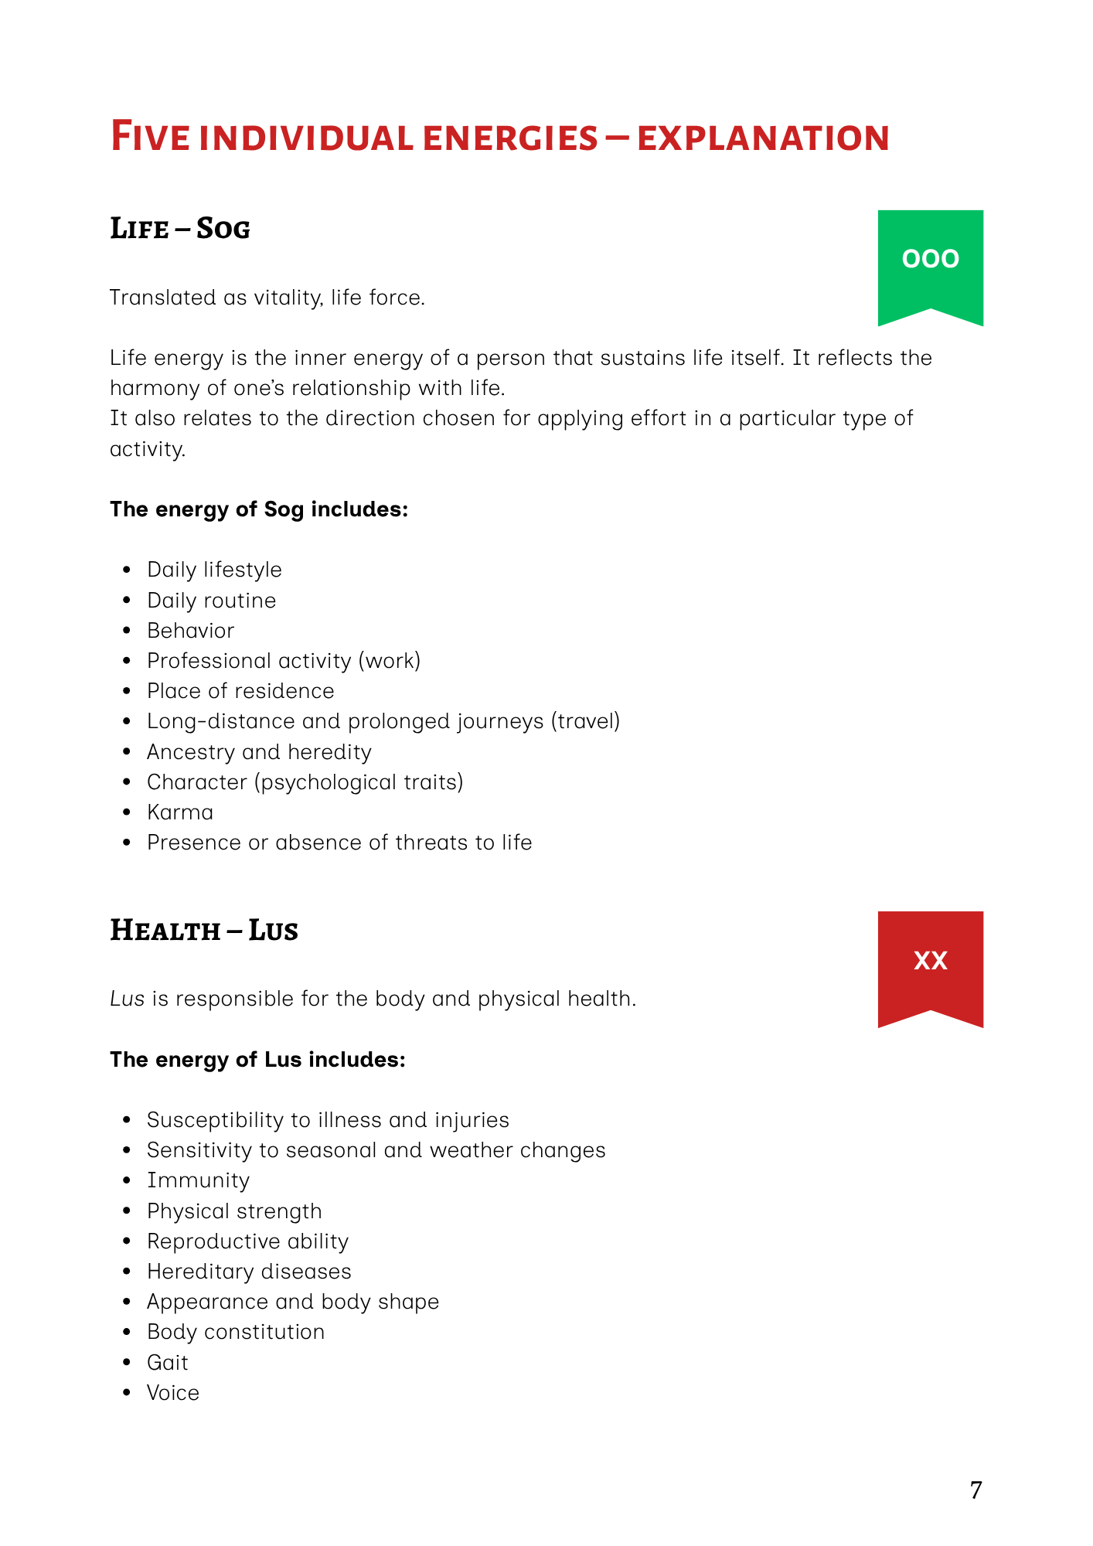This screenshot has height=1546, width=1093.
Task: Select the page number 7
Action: click(976, 1490)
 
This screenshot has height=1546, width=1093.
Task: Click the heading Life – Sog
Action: click(180, 229)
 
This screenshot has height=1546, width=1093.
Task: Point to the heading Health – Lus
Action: click(204, 930)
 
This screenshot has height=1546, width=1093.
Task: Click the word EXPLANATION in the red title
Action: click(763, 138)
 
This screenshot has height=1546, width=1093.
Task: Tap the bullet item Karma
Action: click(180, 812)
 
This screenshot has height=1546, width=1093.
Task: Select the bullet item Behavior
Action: click(190, 631)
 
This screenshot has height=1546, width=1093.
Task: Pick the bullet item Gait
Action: click(168, 1362)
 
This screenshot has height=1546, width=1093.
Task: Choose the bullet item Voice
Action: click(173, 1392)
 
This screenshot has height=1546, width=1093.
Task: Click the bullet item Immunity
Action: click(199, 1180)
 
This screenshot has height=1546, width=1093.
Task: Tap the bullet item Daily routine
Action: click(211, 601)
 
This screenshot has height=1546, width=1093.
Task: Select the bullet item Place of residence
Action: click(240, 691)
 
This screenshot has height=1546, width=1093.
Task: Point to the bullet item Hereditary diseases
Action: click(249, 1272)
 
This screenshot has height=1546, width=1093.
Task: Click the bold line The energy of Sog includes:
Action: click(259, 509)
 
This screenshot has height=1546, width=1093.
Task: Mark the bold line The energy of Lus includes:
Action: click(257, 1059)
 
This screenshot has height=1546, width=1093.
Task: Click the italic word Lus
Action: click(128, 999)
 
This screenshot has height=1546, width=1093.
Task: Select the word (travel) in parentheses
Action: click(585, 721)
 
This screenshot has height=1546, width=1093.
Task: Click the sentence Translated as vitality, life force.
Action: click(267, 298)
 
